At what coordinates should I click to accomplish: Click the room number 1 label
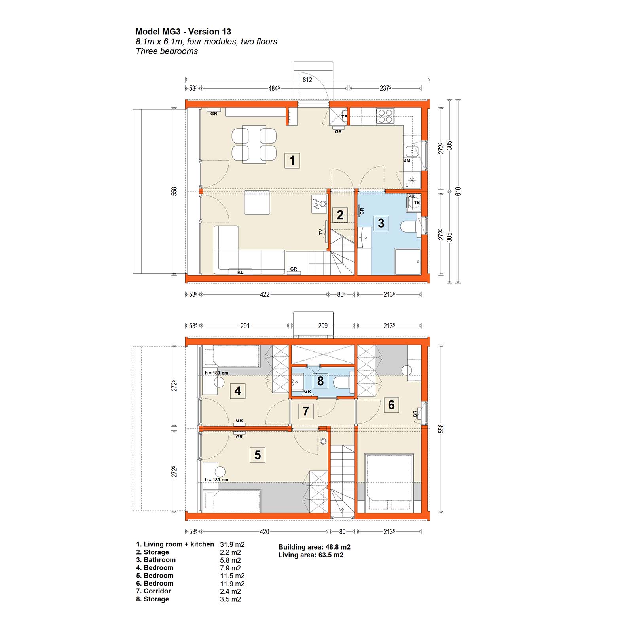[x=292, y=161]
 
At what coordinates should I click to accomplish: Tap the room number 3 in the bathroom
[x=381, y=223]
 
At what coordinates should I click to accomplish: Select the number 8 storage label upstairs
[x=320, y=381]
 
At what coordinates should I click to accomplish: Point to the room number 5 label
[x=258, y=455]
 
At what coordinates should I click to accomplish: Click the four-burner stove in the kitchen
[x=385, y=116]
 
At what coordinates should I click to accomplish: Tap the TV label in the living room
[x=321, y=232]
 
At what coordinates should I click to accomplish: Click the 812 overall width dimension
[x=307, y=80]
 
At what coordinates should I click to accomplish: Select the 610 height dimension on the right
[x=458, y=191]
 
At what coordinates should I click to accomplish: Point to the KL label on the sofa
[x=240, y=272]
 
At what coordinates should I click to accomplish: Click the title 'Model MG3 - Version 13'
[x=183, y=32]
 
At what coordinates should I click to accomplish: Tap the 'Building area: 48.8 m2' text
[x=314, y=547]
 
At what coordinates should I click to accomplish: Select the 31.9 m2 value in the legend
[x=232, y=544]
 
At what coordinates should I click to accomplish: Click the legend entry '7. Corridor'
[x=154, y=591]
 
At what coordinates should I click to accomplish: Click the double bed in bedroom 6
[x=390, y=482]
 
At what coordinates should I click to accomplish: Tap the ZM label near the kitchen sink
[x=407, y=161]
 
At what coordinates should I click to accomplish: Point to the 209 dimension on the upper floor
[x=323, y=326]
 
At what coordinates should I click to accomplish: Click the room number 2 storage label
[x=340, y=215]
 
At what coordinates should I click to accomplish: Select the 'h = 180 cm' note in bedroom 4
[x=216, y=373]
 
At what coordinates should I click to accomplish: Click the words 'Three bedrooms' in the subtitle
[x=167, y=51]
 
